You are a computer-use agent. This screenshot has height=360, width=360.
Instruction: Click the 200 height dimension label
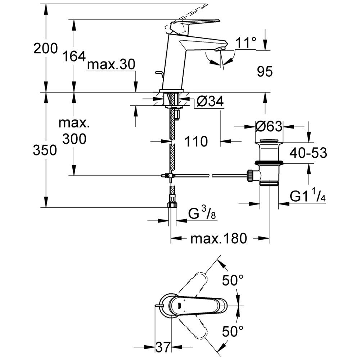[45, 48]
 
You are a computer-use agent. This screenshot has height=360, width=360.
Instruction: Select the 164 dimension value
[74, 56]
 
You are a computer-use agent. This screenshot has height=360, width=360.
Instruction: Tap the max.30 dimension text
[111, 65]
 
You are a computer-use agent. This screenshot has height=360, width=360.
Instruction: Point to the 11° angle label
[246, 43]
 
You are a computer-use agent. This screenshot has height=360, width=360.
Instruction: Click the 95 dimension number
[265, 72]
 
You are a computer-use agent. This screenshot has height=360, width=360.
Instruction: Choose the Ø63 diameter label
[269, 126]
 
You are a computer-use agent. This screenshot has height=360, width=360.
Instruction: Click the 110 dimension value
[196, 141]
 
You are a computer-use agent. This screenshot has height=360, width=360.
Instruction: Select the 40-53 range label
[309, 153]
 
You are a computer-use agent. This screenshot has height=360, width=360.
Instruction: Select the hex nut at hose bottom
[172, 205]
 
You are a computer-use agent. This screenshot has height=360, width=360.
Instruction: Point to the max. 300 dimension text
[74, 131]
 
